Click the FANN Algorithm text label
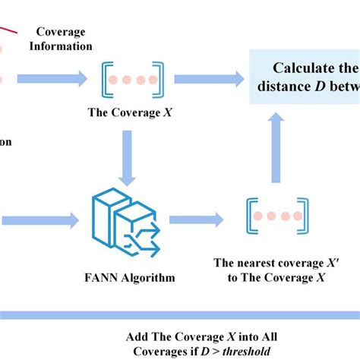coord(130,277)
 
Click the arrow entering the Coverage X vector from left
coord(54,78)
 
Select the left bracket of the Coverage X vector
coord(103,80)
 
